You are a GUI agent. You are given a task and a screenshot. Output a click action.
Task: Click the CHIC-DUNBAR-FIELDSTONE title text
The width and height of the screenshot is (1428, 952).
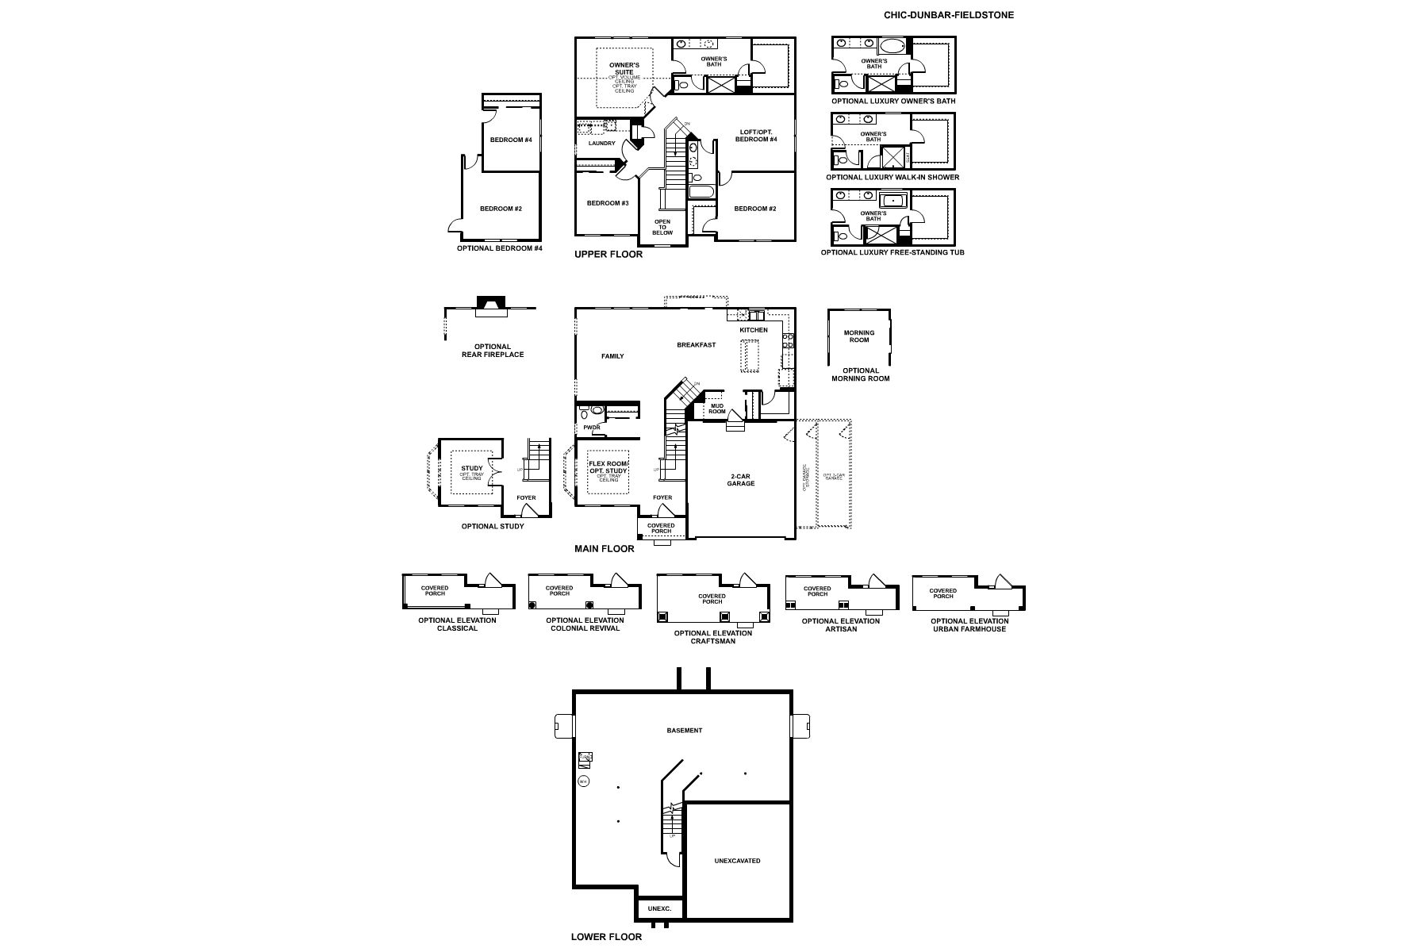[x=948, y=15]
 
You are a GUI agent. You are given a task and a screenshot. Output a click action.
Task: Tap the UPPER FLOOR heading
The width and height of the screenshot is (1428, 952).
[x=608, y=255]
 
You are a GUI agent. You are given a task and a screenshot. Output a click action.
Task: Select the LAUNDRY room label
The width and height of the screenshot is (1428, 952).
[x=601, y=144]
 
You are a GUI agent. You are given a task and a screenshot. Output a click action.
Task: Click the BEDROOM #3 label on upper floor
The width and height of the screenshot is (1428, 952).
[x=608, y=203]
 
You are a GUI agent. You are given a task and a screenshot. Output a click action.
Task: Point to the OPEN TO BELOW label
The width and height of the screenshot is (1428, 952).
[x=662, y=227]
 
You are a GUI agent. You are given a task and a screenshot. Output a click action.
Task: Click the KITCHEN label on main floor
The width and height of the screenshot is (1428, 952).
[x=754, y=330]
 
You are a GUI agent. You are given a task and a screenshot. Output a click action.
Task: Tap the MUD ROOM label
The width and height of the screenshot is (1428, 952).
[x=717, y=409]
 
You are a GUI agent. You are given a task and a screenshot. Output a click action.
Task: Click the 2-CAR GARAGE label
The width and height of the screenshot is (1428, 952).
[x=741, y=480]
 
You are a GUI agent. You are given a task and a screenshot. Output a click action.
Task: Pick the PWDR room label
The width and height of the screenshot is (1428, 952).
[x=591, y=428]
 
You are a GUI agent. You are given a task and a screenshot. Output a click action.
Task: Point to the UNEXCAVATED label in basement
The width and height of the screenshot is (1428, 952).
[x=737, y=861]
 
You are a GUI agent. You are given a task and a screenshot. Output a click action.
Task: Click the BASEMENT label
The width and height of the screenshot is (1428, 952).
[x=684, y=731]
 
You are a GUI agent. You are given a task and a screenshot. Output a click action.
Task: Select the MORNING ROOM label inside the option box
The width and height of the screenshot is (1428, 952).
[x=858, y=336]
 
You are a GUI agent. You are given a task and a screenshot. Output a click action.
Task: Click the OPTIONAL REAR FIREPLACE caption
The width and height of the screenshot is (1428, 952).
[x=492, y=351]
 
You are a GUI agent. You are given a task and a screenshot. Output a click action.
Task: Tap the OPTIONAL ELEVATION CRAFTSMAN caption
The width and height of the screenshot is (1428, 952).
[x=712, y=636]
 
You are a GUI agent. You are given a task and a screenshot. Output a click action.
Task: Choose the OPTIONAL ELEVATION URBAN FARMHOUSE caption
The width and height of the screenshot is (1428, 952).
[x=969, y=625]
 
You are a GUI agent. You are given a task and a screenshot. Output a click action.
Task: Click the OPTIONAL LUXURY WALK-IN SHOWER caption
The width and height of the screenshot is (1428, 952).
[x=892, y=177]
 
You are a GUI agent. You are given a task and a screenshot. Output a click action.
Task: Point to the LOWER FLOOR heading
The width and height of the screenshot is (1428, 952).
[x=606, y=937]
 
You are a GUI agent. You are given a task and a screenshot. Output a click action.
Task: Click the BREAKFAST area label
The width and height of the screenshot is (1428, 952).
[x=696, y=345]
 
